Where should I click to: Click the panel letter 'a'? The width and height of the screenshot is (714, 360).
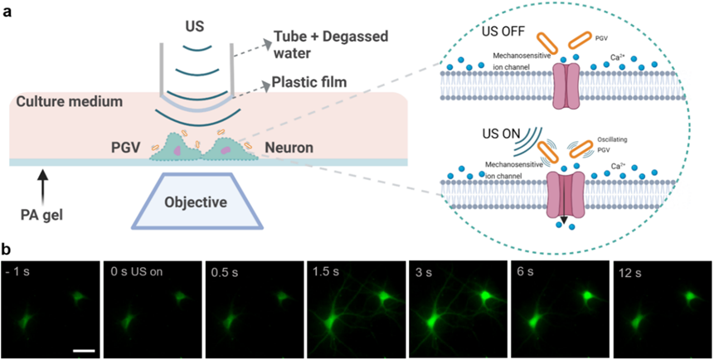[x=7, y=12]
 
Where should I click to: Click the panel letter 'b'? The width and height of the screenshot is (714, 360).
[x=7, y=250]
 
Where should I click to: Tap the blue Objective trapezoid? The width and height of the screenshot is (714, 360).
[x=197, y=200]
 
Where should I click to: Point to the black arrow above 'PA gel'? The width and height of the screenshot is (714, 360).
[x=42, y=186]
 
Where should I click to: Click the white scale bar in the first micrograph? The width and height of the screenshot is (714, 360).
[x=83, y=351]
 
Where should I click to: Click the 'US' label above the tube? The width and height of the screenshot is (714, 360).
[x=197, y=27]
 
